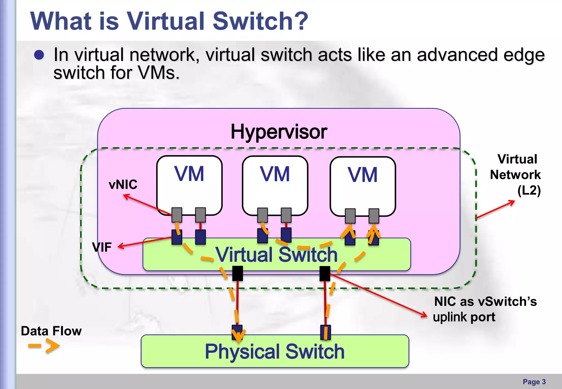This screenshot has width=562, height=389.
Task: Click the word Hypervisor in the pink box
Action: (279, 132)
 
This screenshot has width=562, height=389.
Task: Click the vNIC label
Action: (123, 184)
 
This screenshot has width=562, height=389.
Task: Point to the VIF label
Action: (102, 247)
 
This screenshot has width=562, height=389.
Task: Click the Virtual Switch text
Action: (276, 255)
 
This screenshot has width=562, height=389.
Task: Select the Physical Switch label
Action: (275, 351)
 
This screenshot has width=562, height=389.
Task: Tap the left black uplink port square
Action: (237, 273)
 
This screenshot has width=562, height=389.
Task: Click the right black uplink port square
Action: (325, 274)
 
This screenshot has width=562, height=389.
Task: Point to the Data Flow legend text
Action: (51, 331)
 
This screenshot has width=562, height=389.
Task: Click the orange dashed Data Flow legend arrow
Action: (44, 346)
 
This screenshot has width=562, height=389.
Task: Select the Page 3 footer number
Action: (534, 382)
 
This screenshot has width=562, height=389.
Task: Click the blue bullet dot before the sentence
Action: (39, 55)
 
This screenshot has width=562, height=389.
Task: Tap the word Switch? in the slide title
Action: (260, 21)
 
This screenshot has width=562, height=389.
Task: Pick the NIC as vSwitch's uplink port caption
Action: (485, 309)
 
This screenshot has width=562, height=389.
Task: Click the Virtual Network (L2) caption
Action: (516, 175)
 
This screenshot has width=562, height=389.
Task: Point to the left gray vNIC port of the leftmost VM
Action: (177, 215)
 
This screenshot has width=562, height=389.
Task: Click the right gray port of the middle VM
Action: (286, 215)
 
